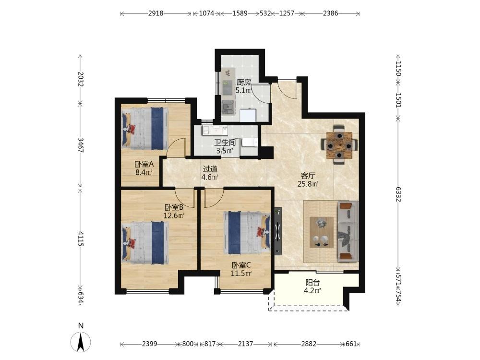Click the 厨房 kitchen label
click(244, 82)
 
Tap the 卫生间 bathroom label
click(225, 143)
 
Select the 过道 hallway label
click(210, 168)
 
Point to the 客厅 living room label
click(308, 176)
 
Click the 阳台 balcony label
click(312, 283)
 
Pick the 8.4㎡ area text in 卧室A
click(144, 172)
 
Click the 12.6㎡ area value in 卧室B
click(174, 216)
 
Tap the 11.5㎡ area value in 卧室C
click(241, 274)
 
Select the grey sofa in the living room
click(348, 231)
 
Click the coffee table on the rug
click(322, 232)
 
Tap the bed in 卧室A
click(145, 128)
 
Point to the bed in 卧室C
click(247, 233)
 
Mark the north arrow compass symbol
click(81, 341)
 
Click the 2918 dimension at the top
click(156, 13)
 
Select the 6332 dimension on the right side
click(398, 194)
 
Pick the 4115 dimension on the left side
click(81, 239)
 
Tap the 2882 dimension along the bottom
click(309, 344)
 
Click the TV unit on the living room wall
click(277, 231)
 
